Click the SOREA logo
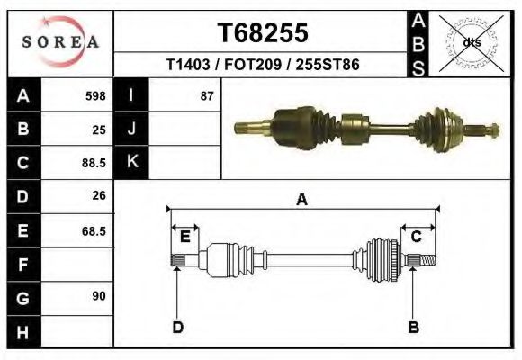(x=60, y=41)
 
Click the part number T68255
(x=263, y=32)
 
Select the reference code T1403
(x=188, y=64)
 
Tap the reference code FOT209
(x=253, y=64)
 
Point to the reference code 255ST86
(x=328, y=64)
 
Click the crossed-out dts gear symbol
(x=471, y=43)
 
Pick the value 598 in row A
(x=95, y=96)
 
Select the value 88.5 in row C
(x=94, y=163)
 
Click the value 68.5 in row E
(x=94, y=231)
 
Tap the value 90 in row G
(x=99, y=296)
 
